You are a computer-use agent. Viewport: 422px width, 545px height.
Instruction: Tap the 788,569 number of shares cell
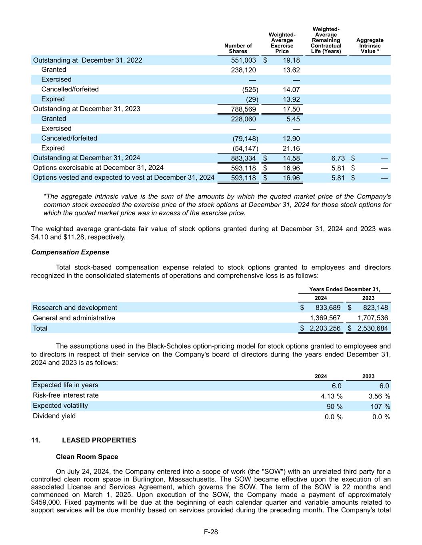[243, 109]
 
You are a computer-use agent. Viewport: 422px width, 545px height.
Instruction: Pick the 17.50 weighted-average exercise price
[291, 109]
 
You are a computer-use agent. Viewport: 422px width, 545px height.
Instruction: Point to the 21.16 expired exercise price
[291, 149]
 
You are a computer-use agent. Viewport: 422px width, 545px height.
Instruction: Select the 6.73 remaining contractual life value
[338, 159]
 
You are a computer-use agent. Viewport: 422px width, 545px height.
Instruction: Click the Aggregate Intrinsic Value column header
[370, 46]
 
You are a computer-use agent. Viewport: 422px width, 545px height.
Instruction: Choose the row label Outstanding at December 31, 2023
[86, 109]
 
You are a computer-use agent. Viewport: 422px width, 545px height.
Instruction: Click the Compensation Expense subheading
[70, 252]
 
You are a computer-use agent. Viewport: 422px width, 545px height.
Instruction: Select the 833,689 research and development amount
[328, 308]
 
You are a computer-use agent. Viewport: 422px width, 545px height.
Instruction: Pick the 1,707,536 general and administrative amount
[372, 318]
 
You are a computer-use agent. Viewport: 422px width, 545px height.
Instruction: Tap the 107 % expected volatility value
[379, 406]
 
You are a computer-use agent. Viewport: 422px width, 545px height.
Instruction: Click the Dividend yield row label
[54, 416]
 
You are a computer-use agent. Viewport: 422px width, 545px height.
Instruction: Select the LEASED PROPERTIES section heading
[99, 440]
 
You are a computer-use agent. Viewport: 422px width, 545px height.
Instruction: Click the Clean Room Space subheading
[87, 456]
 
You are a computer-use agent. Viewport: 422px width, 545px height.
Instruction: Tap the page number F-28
[211, 532]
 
